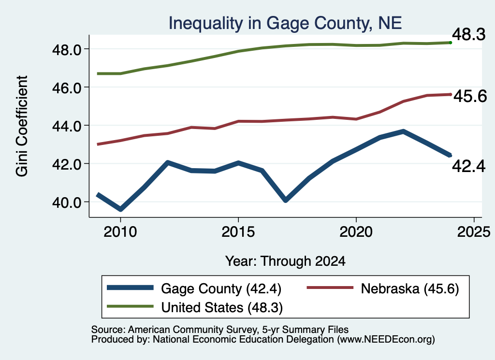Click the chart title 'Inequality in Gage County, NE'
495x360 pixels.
tap(285, 23)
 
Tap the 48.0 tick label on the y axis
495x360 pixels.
tap(67, 50)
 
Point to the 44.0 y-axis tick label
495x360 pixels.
tap(67, 126)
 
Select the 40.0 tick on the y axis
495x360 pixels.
tap(67, 202)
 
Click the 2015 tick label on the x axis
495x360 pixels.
tap(238, 232)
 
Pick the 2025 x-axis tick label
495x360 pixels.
tap(474, 232)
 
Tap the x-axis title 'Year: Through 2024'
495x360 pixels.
tap(285, 261)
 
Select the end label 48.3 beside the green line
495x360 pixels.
tap(468, 34)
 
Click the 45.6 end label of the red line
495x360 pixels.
tap(470, 96)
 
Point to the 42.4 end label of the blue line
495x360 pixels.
tap(468, 166)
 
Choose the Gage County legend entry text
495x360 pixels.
tap(221, 289)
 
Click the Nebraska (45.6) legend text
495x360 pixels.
tap(410, 289)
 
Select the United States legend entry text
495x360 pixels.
tap(222, 308)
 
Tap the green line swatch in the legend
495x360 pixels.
tap(130, 306)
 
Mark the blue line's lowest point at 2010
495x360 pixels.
tap(120, 209)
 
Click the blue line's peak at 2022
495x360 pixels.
tap(403, 131)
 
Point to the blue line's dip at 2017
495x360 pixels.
tap(285, 200)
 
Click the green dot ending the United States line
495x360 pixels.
tap(451, 43)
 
